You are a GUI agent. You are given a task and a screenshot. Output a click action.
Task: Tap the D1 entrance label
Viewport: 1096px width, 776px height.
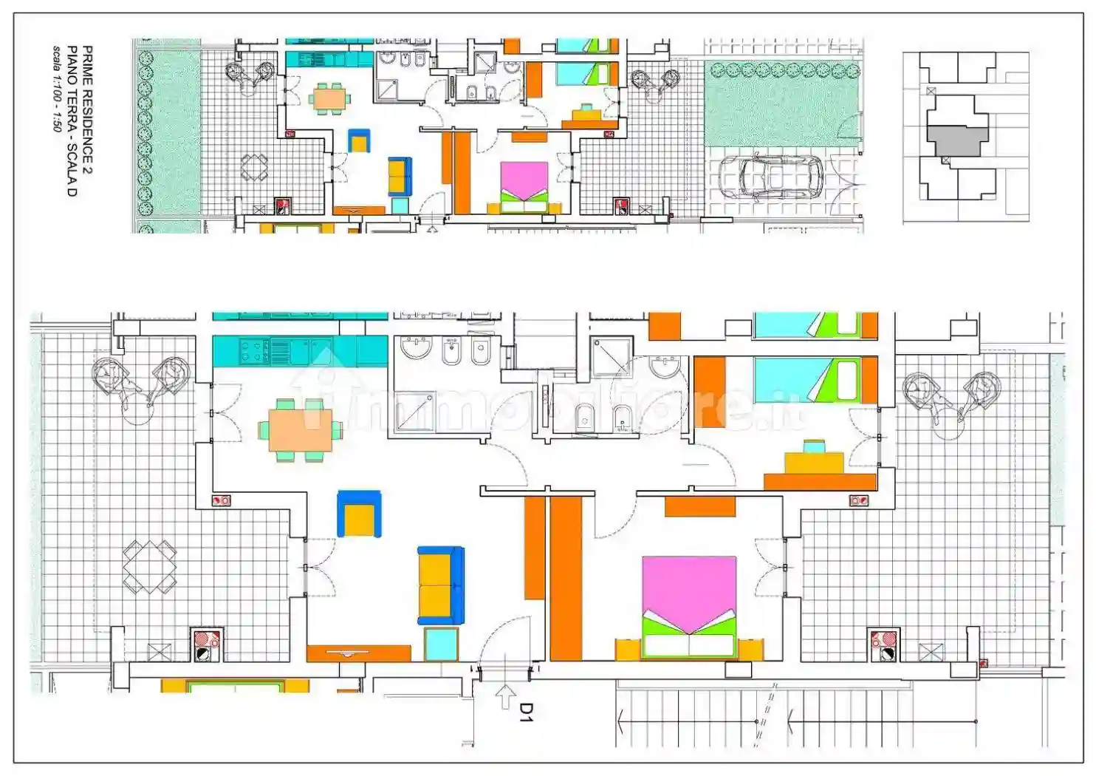click(526, 712)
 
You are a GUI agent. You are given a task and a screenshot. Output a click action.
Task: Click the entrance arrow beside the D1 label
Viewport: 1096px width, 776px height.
click(505, 697)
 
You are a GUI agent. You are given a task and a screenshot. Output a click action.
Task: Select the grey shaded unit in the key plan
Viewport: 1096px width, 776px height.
click(957, 141)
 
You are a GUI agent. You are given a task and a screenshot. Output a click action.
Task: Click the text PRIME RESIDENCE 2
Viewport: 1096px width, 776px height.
click(87, 110)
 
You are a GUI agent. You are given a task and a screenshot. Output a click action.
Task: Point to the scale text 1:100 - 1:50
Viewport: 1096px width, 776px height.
click(57, 89)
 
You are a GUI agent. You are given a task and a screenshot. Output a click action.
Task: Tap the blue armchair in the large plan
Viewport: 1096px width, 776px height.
click(359, 514)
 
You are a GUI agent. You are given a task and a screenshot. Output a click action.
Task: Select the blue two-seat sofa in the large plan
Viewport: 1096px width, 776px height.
click(441, 585)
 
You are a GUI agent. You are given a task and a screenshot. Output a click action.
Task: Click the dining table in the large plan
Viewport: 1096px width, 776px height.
click(301, 431)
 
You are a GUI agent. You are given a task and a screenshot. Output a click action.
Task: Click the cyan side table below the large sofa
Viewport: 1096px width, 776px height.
click(441, 644)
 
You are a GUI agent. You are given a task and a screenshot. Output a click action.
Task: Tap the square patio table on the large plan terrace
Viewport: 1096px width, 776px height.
click(150, 567)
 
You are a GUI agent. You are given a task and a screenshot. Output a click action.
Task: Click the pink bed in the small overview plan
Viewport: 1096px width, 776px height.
click(524, 188)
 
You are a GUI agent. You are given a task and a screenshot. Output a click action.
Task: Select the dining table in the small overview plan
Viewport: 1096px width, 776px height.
click(330, 99)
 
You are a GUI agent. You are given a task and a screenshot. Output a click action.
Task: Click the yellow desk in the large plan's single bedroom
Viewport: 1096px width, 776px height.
click(814, 463)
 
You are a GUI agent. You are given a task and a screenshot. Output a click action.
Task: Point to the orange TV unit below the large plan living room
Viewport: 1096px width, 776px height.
click(359, 653)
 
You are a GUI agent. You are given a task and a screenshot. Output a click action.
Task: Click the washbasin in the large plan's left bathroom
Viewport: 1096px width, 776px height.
click(417, 347)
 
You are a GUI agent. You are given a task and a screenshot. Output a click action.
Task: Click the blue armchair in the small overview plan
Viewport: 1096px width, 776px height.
click(359, 140)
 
